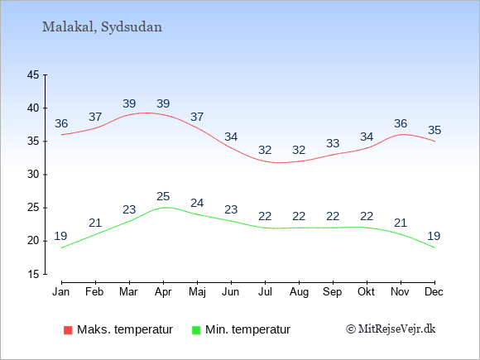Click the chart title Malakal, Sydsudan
[x=102, y=27]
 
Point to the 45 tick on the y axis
[x=33, y=74]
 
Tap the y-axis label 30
[x=33, y=175]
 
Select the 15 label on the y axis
[x=33, y=274]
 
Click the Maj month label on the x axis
[x=197, y=292]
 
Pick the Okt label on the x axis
[x=366, y=292]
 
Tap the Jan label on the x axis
[x=61, y=292]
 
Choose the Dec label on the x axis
[x=434, y=292]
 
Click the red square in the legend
[x=68, y=330]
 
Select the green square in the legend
[x=196, y=330]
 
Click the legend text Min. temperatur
[x=247, y=329]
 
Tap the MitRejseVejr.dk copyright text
[x=391, y=329]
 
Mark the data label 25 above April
[x=163, y=196]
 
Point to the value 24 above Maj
[x=197, y=203]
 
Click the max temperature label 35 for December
[x=434, y=130]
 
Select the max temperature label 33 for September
[x=333, y=143]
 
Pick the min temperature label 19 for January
[x=60, y=236]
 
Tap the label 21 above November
[x=401, y=223]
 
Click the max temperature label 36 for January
[x=61, y=123]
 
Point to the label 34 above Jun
[x=231, y=137]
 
